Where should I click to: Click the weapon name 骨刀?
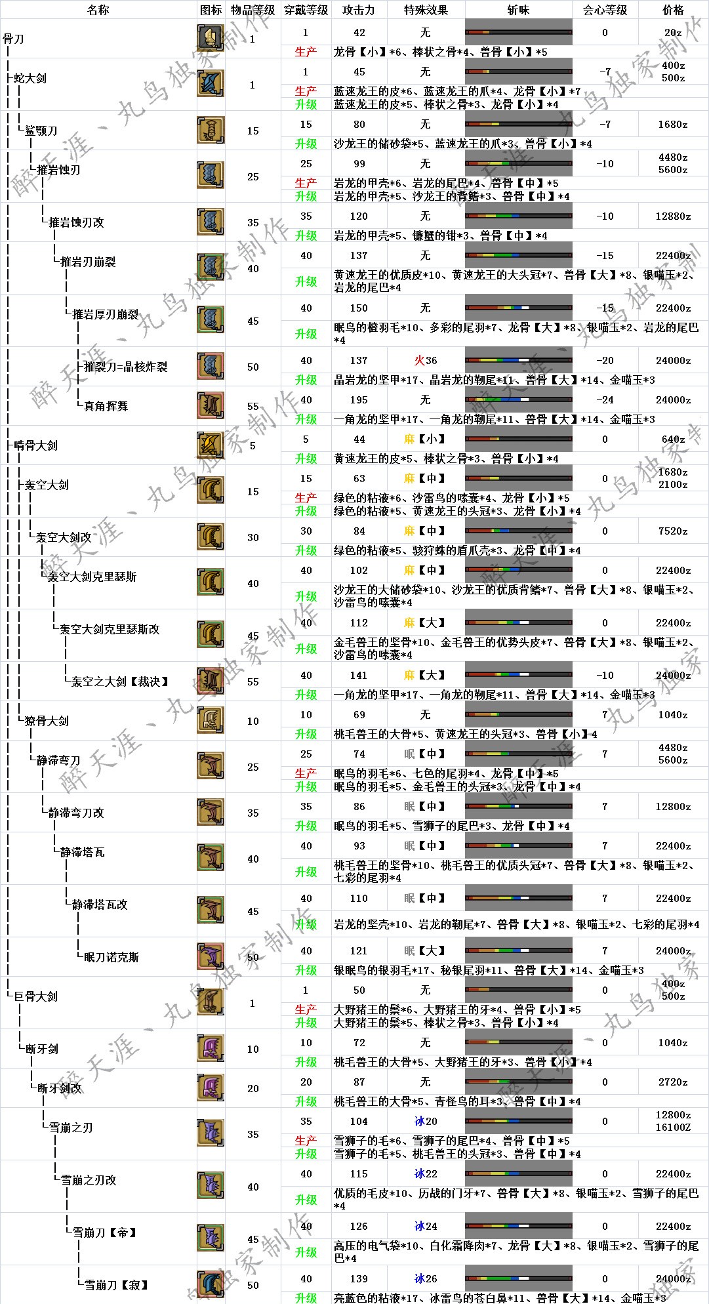[x=14, y=39]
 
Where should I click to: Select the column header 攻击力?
[x=359, y=10]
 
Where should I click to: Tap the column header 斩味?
[x=518, y=10]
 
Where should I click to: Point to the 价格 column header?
[x=673, y=10]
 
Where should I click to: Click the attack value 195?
[x=359, y=399]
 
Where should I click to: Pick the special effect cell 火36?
[x=426, y=360]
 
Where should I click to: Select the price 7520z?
[x=673, y=531]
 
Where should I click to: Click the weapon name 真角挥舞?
[x=106, y=406]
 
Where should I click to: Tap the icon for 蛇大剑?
[x=211, y=84]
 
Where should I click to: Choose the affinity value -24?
[x=605, y=399]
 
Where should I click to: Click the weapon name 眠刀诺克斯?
[x=111, y=957]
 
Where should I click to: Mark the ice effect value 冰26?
[x=426, y=1278]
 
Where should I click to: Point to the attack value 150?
[x=359, y=308]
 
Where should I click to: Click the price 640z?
[x=673, y=439]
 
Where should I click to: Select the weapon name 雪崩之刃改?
[x=89, y=1180]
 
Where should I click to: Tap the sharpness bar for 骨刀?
[x=518, y=32]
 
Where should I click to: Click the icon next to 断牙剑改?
[x=211, y=1088]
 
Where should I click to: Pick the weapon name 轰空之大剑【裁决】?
[x=119, y=682]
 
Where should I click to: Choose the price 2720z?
[x=673, y=1082]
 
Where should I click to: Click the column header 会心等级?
[x=605, y=10]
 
